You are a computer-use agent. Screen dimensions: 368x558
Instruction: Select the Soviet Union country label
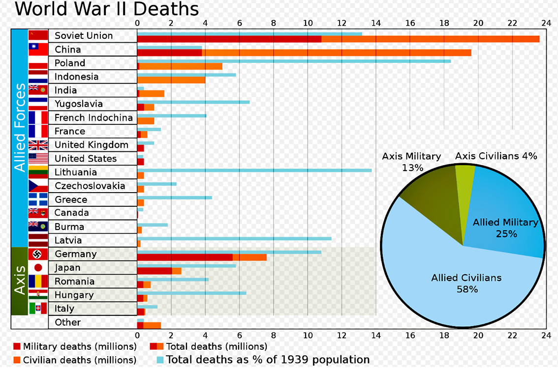click(x=84, y=36)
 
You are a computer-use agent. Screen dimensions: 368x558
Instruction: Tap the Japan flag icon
click(x=38, y=268)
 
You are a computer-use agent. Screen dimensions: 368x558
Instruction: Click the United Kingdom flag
click(x=38, y=145)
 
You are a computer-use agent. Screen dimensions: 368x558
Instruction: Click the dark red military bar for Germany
click(x=185, y=257)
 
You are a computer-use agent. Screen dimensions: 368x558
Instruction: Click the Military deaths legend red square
click(x=17, y=346)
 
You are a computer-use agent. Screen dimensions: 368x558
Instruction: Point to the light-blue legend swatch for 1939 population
click(x=160, y=360)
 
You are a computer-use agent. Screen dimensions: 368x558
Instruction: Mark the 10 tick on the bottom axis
click(x=308, y=335)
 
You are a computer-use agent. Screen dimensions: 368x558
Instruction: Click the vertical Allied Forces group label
click(x=20, y=128)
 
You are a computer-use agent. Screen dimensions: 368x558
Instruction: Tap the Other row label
click(x=68, y=322)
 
